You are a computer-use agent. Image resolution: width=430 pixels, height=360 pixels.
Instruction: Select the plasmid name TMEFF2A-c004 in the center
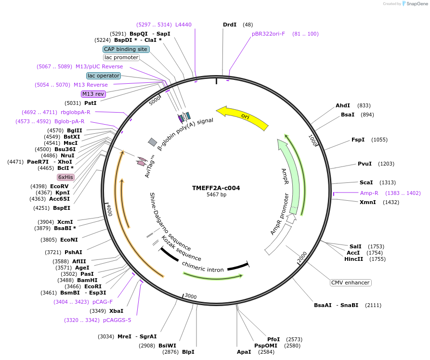[216, 188]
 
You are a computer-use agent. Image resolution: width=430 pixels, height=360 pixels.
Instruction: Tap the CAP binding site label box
[126, 49]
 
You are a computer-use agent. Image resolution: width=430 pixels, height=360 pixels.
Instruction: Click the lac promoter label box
[121, 58]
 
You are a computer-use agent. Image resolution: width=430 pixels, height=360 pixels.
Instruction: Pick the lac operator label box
[104, 76]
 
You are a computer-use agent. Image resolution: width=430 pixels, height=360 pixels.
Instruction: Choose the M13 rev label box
[93, 94]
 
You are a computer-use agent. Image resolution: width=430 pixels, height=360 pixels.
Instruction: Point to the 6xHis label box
[66, 177]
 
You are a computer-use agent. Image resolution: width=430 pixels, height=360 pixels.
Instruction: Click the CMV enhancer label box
[351, 283]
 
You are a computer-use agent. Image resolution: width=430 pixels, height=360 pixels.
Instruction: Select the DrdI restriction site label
[230, 25]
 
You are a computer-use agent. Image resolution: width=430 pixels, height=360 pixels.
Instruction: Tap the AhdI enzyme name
[343, 105]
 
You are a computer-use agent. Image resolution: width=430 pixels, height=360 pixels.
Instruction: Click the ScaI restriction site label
[366, 182]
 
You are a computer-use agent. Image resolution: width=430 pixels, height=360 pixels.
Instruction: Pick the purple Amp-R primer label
[369, 193]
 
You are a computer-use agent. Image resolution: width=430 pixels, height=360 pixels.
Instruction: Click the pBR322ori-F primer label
[268, 34]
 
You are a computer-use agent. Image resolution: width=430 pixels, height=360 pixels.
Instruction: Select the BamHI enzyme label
[87, 280]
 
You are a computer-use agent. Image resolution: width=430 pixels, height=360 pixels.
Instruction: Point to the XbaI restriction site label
[116, 311]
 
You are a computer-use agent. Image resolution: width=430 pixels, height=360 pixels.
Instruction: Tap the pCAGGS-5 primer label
[117, 320]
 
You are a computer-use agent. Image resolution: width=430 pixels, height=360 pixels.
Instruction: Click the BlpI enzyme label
[188, 352]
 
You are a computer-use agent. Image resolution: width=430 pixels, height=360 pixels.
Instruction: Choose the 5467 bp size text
[216, 194]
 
